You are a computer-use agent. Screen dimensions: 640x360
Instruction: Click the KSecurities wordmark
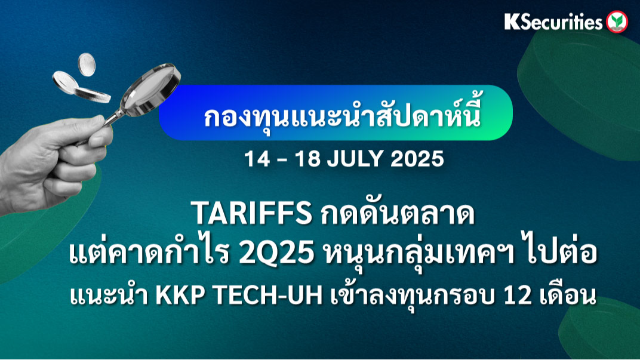(553, 21)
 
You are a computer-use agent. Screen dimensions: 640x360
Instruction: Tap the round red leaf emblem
(617, 21)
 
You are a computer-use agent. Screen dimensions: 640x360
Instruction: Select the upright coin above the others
(87, 64)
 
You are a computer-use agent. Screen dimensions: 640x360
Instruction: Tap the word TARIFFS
(251, 214)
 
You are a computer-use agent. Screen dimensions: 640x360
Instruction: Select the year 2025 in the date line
(417, 158)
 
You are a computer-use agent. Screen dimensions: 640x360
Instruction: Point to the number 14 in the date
(257, 158)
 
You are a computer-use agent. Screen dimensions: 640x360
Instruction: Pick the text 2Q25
(277, 253)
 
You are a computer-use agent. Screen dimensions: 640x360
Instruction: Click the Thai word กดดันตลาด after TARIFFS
(398, 213)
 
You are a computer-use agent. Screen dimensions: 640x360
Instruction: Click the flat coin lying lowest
(93, 95)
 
